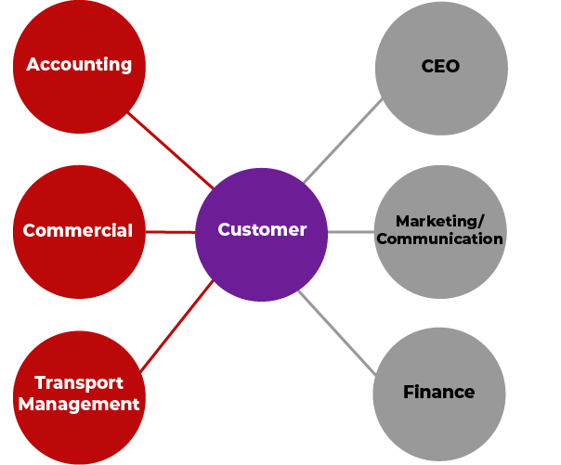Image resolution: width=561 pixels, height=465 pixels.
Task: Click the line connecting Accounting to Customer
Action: [171, 149]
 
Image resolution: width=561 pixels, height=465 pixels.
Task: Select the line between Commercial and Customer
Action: [170, 231]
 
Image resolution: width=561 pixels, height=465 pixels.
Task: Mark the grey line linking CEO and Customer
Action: [342, 139]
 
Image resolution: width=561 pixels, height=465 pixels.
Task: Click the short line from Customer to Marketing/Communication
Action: [350, 231]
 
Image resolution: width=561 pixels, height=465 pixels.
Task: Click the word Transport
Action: [79, 383]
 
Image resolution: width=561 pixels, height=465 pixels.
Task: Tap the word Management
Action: [79, 404]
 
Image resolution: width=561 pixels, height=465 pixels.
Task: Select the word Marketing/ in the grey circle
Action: [439, 221]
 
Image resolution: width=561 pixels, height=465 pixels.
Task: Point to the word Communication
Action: [440, 239]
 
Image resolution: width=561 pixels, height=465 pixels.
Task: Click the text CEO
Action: [440, 67]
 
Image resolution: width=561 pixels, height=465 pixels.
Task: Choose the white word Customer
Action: [262, 230]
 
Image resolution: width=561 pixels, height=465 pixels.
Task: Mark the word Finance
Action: [439, 393]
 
